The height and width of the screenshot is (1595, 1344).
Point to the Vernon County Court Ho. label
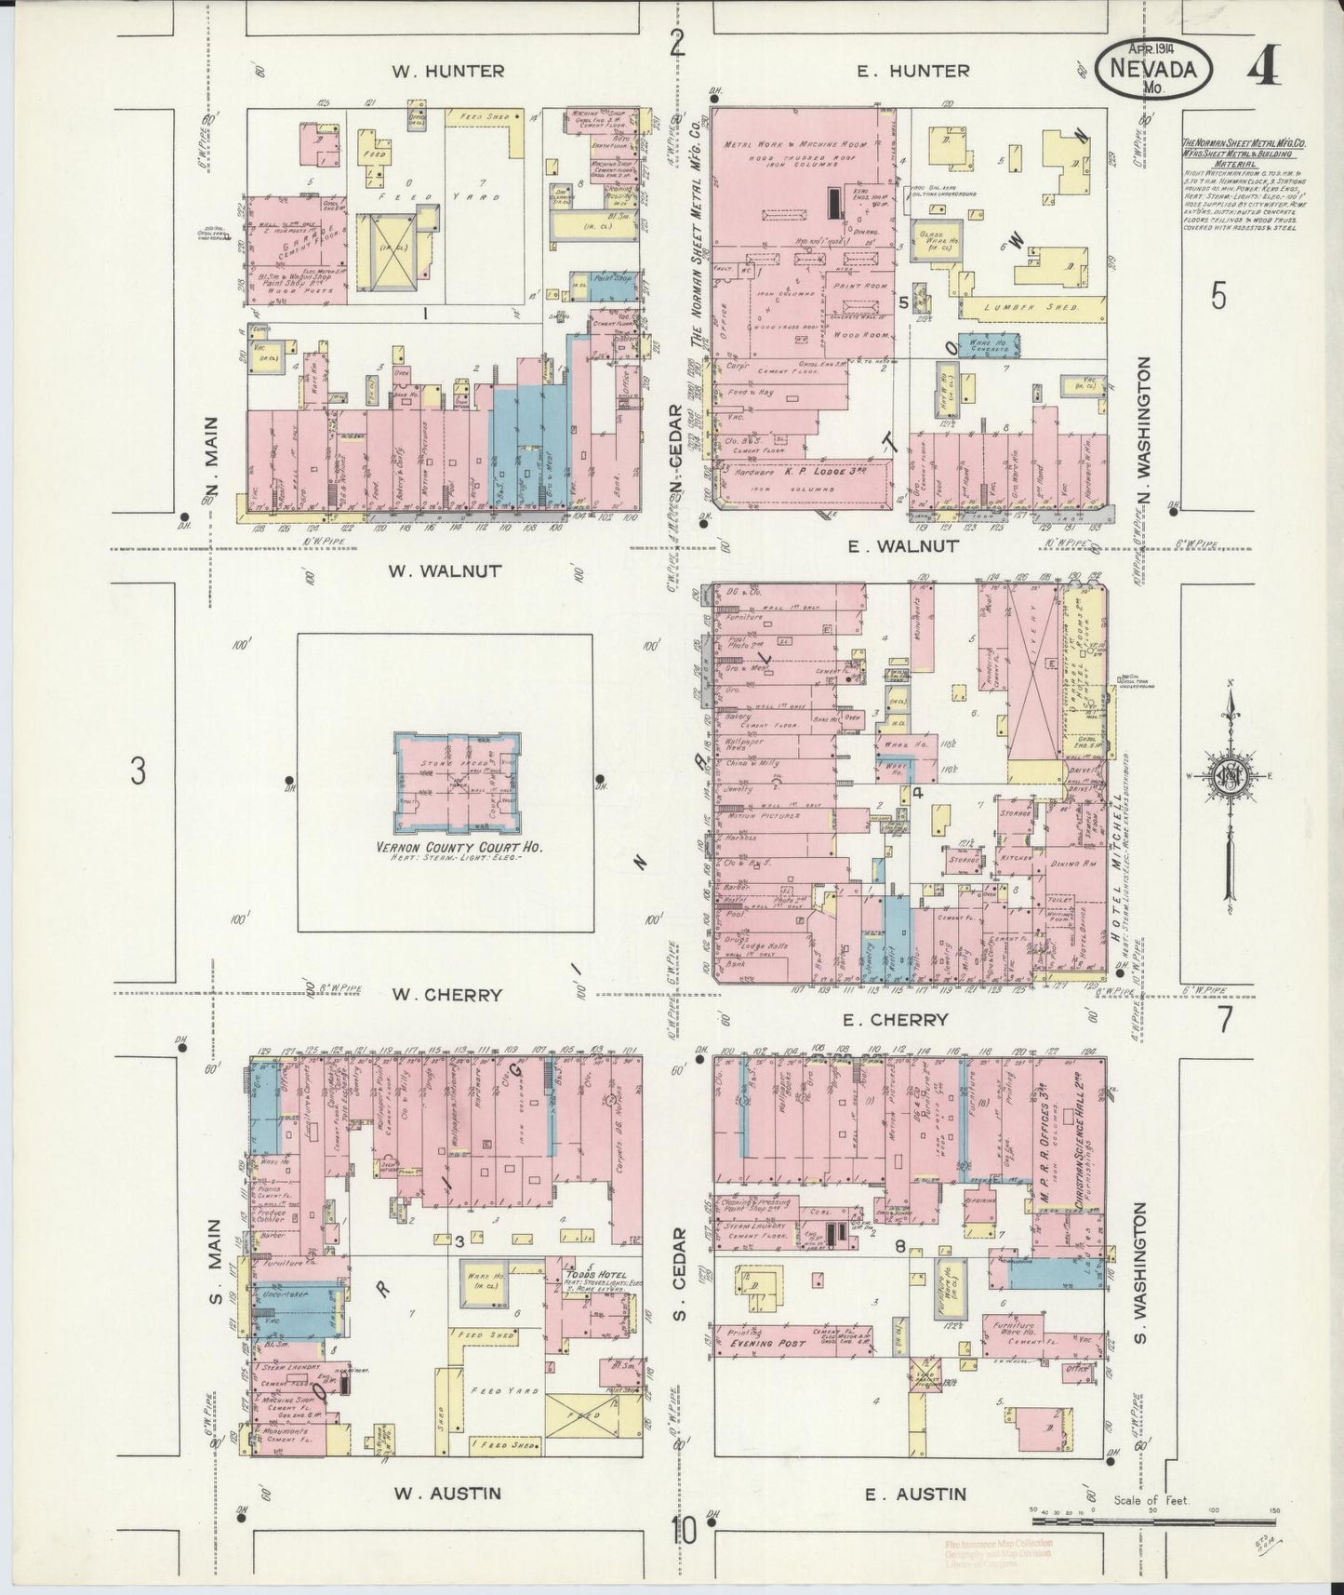[459, 849]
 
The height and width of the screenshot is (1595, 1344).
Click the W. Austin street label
[447, 1494]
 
